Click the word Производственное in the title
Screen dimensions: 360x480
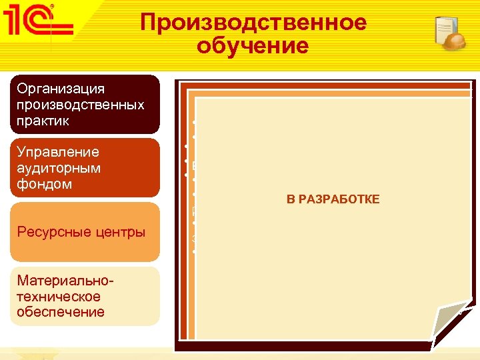253,23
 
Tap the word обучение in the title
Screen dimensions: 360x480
253,46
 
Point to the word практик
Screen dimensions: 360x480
43,122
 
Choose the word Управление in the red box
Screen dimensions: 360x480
59,152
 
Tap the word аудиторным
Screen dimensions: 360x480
59,167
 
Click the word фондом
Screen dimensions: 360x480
45,183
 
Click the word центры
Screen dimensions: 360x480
119,232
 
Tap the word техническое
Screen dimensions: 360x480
59,296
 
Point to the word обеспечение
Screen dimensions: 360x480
61,312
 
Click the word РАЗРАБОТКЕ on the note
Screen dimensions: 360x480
339,199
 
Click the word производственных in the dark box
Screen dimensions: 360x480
81,105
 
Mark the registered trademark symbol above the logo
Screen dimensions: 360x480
53,6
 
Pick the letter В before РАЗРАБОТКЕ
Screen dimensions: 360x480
291,199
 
